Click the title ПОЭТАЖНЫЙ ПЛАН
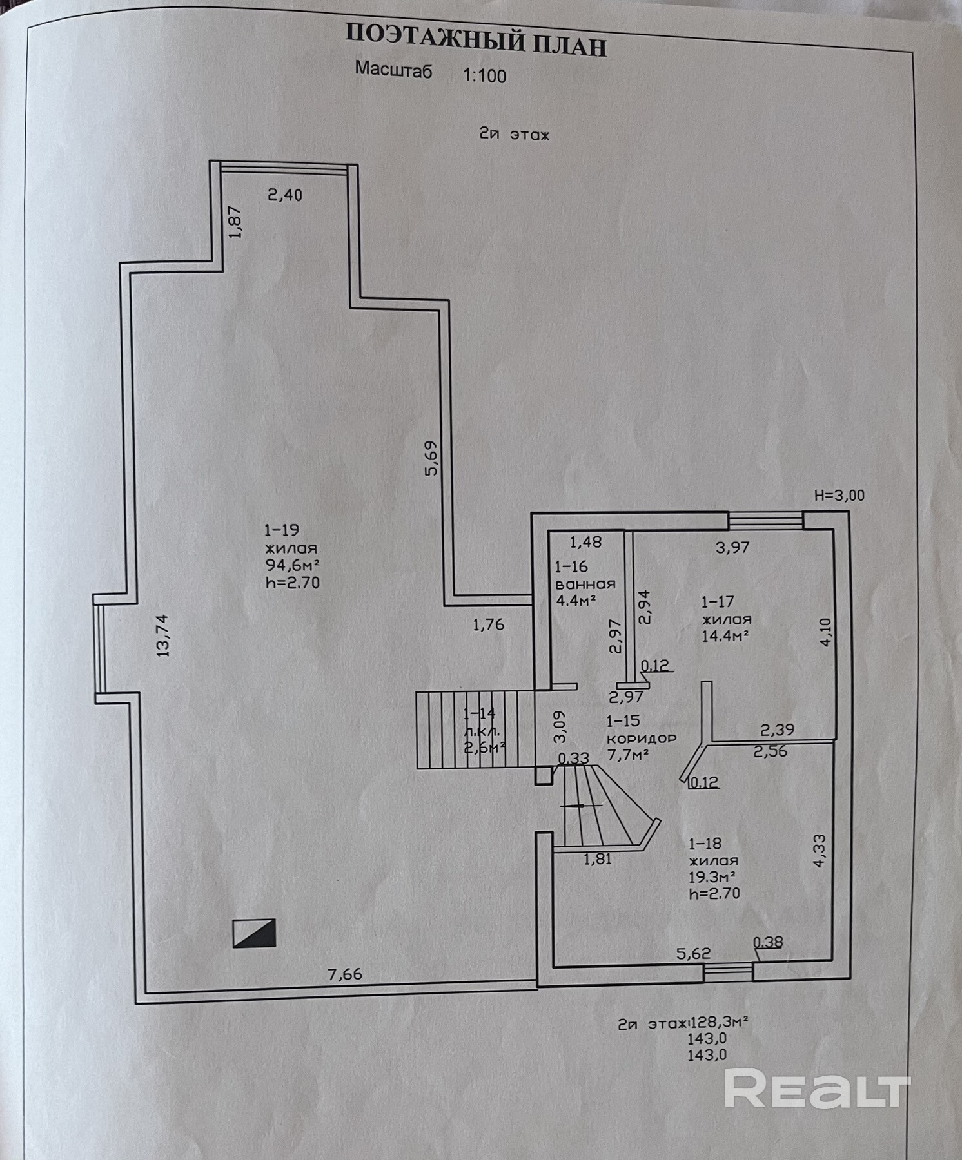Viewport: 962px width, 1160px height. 476,41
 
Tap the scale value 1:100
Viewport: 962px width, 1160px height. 485,76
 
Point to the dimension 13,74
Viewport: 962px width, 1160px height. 162,635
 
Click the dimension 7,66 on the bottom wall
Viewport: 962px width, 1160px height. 345,974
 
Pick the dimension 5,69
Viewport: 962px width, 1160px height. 431,458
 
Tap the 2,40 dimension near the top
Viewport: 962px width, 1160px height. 285,195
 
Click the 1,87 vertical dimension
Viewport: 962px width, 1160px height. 235,222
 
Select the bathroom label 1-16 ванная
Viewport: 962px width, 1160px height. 584,575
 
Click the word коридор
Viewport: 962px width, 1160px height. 641,739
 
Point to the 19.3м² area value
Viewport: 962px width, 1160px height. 712,877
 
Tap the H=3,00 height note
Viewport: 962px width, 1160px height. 839,496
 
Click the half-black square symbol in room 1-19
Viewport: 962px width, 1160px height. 254,933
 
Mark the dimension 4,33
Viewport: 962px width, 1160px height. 819,851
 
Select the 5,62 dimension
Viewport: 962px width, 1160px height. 693,953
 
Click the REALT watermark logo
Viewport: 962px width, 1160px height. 816,1088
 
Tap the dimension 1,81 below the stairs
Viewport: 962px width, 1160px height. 597,859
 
